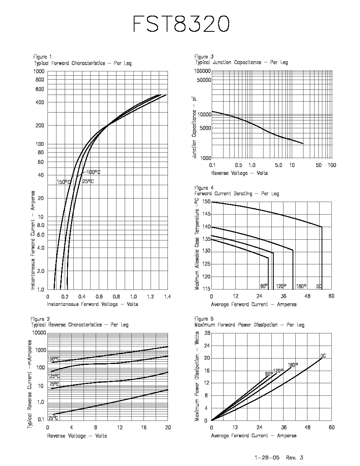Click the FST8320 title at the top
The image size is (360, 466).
click(x=181, y=24)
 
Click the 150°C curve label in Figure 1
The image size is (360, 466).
click(x=64, y=182)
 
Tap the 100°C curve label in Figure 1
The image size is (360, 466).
click(x=93, y=172)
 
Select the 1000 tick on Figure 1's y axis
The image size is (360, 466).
click(x=38, y=71)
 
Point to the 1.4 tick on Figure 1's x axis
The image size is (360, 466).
click(x=167, y=297)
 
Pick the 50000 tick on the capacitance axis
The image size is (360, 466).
click(x=203, y=80)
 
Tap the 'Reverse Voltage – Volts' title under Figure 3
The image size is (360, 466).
click(x=239, y=173)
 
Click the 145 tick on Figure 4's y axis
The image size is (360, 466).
click(x=206, y=214)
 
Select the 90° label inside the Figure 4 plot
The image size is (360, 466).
click(x=264, y=286)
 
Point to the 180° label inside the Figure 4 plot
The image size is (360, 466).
click(x=301, y=286)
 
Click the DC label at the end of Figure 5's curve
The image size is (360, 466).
click(x=323, y=356)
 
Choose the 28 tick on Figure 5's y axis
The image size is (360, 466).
click(x=207, y=333)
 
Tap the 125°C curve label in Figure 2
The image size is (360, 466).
click(x=54, y=376)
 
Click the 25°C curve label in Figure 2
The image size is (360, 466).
click(x=53, y=418)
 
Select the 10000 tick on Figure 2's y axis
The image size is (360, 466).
click(x=39, y=333)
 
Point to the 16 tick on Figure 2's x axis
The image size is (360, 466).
click(x=144, y=428)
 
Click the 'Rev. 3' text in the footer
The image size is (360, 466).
click(x=295, y=457)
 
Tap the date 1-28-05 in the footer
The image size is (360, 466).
click(x=267, y=457)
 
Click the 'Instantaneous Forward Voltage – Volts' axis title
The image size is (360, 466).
click(x=93, y=304)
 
